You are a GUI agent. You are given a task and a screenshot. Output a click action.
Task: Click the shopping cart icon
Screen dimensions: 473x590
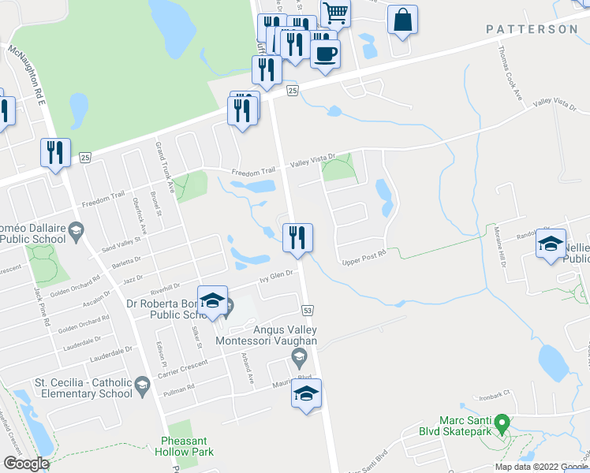click(x=336, y=13)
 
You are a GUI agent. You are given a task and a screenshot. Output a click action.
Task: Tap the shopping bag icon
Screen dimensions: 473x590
click(x=402, y=20)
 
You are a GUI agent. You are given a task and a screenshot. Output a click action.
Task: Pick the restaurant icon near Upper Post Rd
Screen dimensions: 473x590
click(x=297, y=238)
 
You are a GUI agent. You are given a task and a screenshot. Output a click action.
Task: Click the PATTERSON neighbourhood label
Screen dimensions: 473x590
click(x=532, y=29)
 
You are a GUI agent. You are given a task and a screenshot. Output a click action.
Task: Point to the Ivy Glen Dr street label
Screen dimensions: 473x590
click(x=277, y=277)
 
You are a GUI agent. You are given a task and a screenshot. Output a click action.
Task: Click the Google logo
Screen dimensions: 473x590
click(x=26, y=464)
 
